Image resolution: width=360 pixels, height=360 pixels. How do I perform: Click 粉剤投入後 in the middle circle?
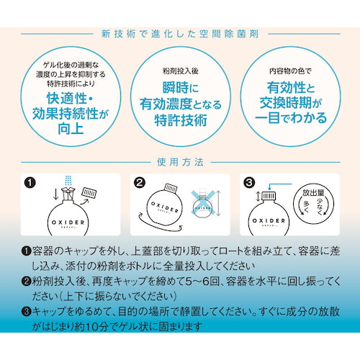[x=180, y=72]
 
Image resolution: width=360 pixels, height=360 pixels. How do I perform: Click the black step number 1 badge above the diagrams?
[x=29, y=183]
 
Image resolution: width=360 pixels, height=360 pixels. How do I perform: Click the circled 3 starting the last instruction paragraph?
[x=27, y=314]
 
